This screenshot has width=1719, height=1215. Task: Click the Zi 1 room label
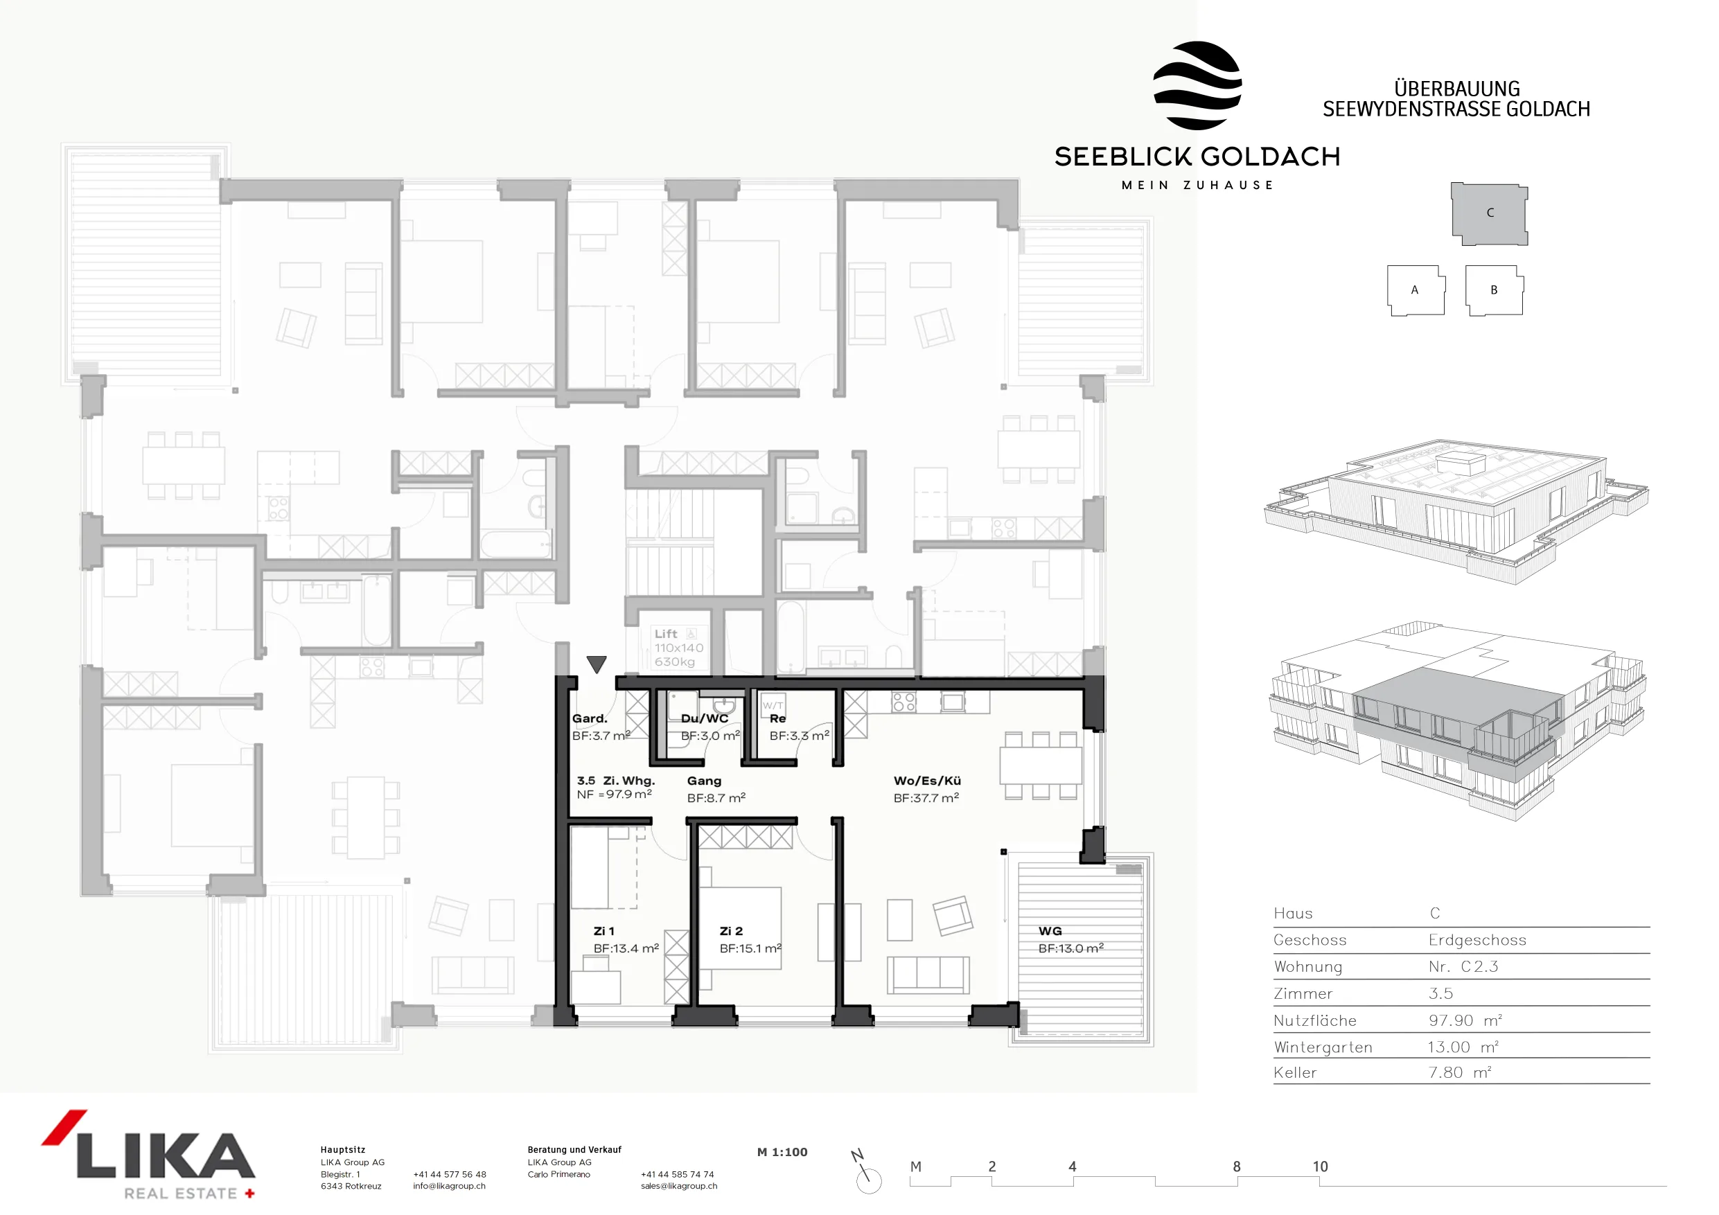(x=603, y=931)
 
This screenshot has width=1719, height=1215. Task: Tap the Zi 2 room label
(x=731, y=931)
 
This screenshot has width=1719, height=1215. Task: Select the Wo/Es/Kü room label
(x=927, y=781)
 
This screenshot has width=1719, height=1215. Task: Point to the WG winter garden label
(x=1050, y=931)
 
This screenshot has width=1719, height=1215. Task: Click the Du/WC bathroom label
(x=705, y=718)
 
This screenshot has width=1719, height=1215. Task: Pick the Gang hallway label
(x=704, y=781)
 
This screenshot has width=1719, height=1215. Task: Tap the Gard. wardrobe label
(x=589, y=718)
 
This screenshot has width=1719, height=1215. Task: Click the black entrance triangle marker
(x=596, y=664)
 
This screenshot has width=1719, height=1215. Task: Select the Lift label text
(x=666, y=634)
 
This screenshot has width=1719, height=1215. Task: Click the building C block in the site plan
(x=1489, y=213)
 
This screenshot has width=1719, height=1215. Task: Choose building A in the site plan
(x=1415, y=290)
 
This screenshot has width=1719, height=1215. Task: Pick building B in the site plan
(x=1494, y=290)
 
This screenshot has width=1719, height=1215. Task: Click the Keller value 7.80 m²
(x=1459, y=1073)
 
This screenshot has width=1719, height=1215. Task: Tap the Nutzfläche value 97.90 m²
(x=1465, y=1021)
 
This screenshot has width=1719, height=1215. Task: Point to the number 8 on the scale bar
(x=1237, y=1167)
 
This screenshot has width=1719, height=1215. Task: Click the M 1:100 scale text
(x=782, y=1152)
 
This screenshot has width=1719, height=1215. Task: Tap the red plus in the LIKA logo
(x=249, y=1194)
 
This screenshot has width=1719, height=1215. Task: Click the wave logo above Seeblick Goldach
(x=1197, y=85)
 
